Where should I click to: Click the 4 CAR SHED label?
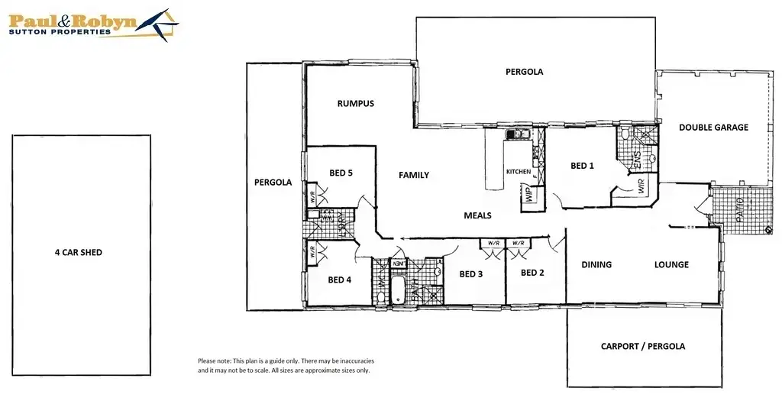(79, 251)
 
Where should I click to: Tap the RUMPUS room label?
(356, 103)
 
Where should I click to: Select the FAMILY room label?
(414, 175)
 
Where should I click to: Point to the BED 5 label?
(341, 173)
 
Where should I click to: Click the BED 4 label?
(339, 280)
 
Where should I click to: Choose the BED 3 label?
(470, 273)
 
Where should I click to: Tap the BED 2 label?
(532, 273)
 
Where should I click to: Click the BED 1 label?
(583, 166)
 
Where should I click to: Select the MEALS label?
(477, 215)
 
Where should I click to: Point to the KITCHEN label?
(519, 172)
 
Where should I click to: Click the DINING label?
(596, 265)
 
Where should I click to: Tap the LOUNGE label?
(671, 265)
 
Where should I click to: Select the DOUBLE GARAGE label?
(713, 128)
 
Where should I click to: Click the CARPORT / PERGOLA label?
(643, 346)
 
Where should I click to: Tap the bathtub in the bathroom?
(396, 291)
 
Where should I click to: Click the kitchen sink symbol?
(518, 135)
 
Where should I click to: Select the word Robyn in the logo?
(108, 21)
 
